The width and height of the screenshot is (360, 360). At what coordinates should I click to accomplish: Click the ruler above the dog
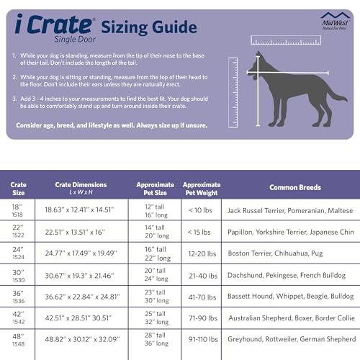coord(284,40)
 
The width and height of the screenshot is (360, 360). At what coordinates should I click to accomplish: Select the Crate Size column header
coord(19,189)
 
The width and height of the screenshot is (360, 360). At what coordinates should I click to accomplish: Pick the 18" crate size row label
coord(19,210)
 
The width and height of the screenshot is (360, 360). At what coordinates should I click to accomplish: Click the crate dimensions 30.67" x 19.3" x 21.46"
coord(81,275)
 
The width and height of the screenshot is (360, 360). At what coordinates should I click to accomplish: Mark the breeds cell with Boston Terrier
coord(289,253)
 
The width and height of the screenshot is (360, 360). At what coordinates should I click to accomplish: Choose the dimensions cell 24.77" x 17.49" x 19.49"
coord(81,253)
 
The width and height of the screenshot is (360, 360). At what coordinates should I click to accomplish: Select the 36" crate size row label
coord(19,297)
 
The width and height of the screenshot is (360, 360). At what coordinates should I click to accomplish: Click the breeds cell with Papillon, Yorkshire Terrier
coord(289,232)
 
